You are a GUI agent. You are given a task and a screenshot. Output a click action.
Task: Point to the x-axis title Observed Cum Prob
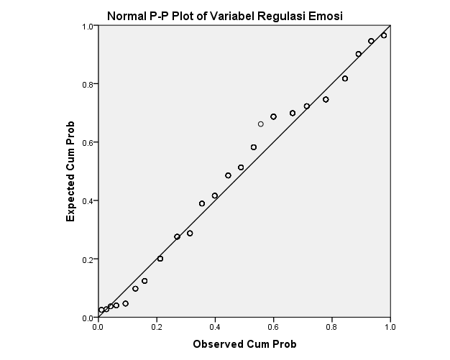coord(244,343)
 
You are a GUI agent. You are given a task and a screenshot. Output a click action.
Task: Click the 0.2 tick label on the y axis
coord(86,259)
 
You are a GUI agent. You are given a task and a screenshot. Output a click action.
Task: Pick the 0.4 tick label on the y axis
coord(86,200)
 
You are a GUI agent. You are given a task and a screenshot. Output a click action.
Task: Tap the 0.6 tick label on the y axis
coord(86,142)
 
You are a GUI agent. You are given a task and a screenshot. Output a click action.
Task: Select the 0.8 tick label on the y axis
coord(86,84)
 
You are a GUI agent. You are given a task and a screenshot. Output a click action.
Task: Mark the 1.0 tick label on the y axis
coord(86,26)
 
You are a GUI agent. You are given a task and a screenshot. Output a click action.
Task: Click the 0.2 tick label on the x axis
coord(157,327)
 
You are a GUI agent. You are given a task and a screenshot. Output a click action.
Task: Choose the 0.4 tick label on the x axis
coord(215,327)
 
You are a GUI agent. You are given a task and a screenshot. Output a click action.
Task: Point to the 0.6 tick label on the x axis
coord(273,327)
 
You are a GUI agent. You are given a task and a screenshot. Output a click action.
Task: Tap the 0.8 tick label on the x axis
coord(331,327)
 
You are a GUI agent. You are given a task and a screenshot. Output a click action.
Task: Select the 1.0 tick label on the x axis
coord(390,327)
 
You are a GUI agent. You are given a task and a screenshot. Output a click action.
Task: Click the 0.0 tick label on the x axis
coord(98,327)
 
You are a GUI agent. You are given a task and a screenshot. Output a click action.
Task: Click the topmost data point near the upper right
coord(384,35)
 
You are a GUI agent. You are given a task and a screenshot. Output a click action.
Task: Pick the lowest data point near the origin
coord(101,310)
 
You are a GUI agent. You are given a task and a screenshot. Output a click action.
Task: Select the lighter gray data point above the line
coord(261,124)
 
